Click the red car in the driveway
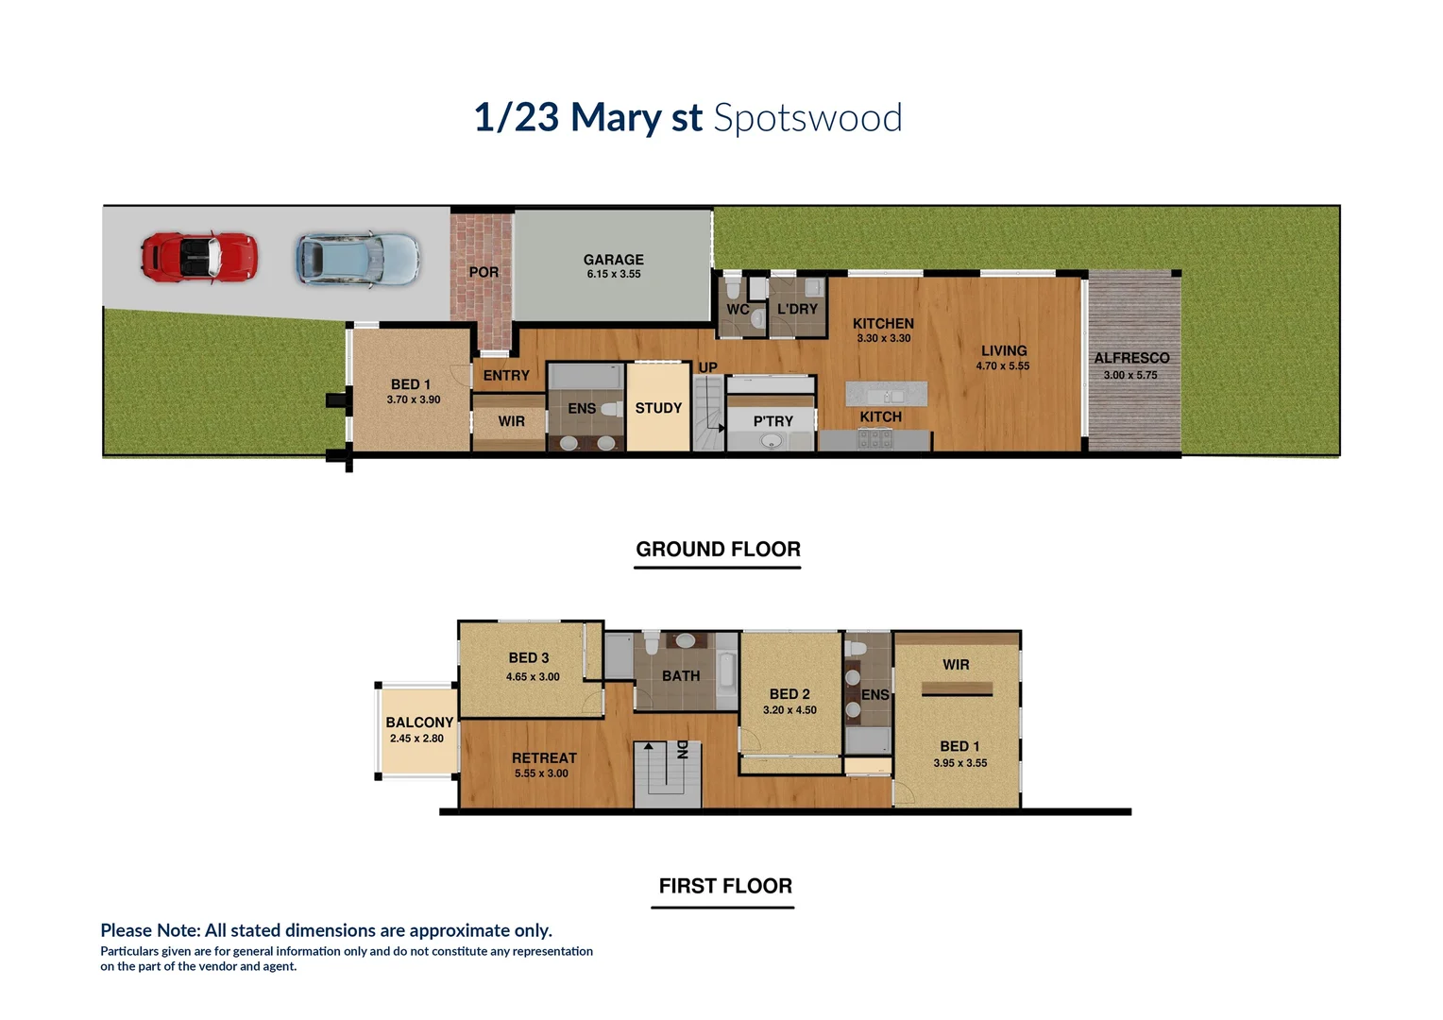(198, 256)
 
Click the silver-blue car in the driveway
(357, 259)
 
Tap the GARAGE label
(613, 260)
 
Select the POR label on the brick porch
(484, 272)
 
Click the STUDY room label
(658, 408)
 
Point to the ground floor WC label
(738, 310)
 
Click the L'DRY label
(797, 309)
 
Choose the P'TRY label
(772, 421)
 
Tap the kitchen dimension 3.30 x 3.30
(883, 338)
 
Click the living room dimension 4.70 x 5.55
(1003, 366)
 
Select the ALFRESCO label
(1131, 358)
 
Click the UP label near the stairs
(707, 367)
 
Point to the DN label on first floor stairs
(682, 750)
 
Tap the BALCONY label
(419, 722)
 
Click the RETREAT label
(544, 758)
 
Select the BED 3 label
(528, 658)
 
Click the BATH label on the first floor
(681, 676)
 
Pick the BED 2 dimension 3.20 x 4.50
(789, 710)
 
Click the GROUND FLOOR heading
(718, 550)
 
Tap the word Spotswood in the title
(807, 118)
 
